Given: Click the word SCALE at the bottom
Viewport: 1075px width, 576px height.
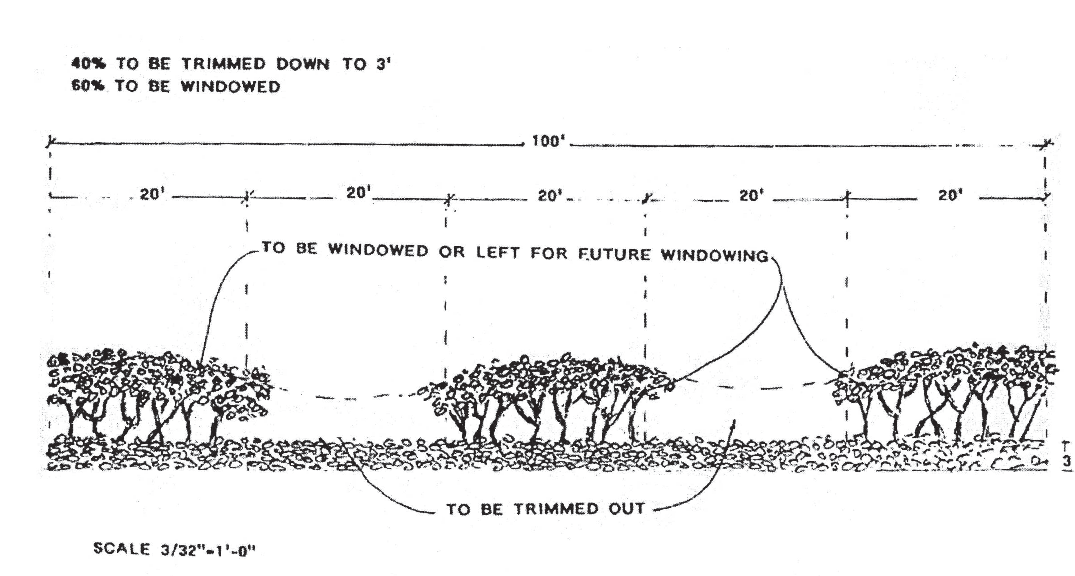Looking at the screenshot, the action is coord(121,548).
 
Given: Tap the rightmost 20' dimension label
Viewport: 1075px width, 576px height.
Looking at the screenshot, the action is coord(950,195).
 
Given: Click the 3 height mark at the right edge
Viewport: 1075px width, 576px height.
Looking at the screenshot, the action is coord(1067,461).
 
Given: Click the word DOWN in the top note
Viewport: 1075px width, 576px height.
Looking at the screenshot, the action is coord(303,64).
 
